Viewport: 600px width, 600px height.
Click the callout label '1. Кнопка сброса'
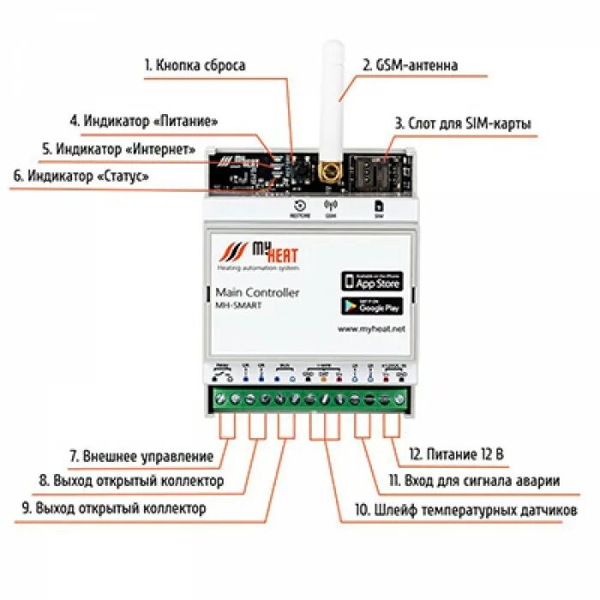click(195, 65)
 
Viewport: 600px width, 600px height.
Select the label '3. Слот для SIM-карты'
click(463, 123)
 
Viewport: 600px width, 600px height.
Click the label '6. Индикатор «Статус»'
click(81, 176)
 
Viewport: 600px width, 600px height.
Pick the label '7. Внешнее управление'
click(140, 456)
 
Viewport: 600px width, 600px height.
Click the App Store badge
click(371, 280)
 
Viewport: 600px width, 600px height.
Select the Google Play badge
click(371, 306)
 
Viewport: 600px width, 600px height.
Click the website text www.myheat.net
click(371, 328)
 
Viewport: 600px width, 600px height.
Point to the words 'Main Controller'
click(257, 292)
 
